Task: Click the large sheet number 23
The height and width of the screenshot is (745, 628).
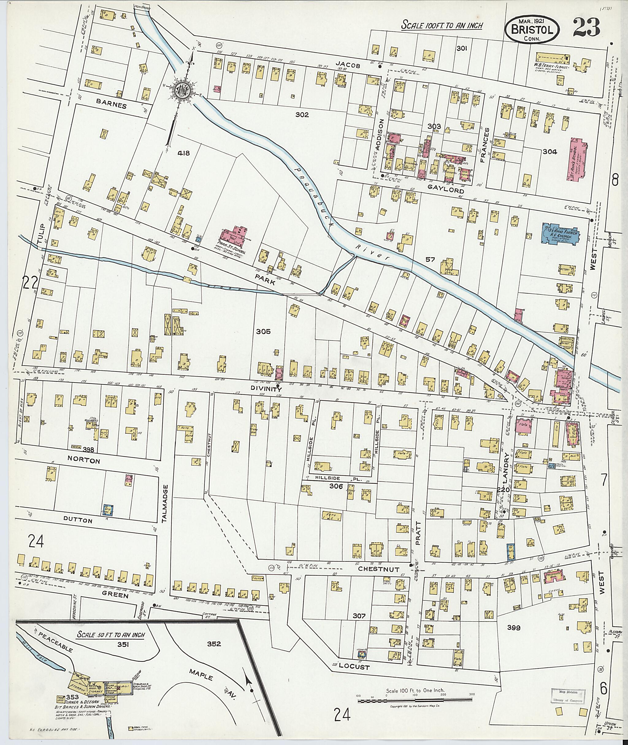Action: pos(586,27)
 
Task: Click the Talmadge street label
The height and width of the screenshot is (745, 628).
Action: pos(164,504)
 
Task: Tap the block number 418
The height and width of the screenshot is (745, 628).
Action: pos(184,153)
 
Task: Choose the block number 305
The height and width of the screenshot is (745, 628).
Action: pos(263,332)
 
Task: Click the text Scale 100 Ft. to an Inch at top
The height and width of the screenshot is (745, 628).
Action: pos(442,25)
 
